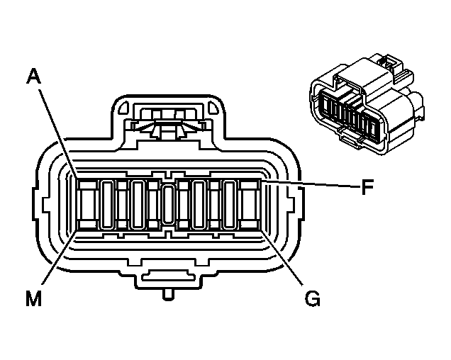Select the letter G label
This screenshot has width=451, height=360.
click(x=313, y=299)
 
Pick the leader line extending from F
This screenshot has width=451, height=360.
click(x=312, y=185)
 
